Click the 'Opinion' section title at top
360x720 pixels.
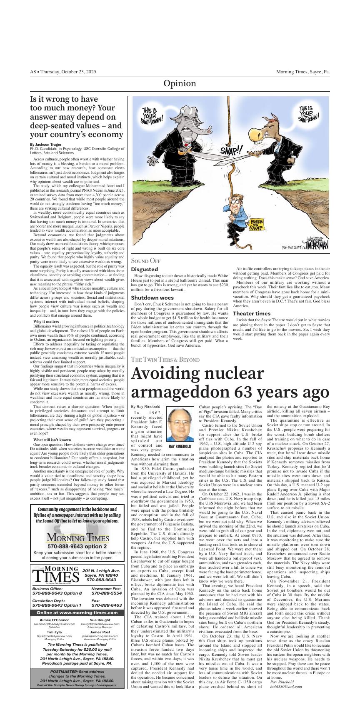(180, 84)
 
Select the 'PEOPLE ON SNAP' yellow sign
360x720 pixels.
(255, 225)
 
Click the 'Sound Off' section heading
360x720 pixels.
(145, 260)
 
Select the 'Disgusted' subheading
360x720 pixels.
(144, 270)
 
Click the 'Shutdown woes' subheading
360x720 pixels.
(152, 297)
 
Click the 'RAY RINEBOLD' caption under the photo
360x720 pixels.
(180, 446)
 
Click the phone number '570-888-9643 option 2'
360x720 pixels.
(77, 546)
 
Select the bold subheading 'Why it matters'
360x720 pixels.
(46, 322)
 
